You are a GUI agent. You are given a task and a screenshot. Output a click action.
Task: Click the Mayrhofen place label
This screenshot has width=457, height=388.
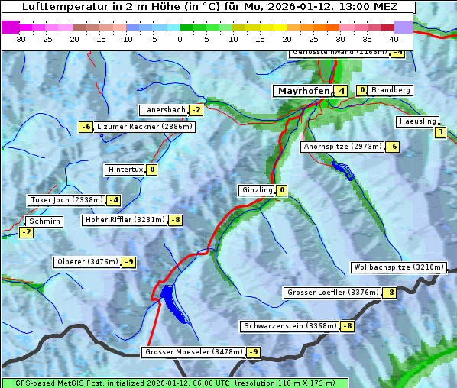point(303,91)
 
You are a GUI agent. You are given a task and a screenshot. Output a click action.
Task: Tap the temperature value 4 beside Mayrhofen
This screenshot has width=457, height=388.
point(342,91)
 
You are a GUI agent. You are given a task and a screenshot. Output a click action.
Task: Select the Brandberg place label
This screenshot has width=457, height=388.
point(391,90)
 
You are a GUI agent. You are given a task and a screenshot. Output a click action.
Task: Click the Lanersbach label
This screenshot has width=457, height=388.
point(164,110)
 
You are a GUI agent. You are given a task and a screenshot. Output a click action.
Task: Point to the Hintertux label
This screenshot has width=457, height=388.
point(125,170)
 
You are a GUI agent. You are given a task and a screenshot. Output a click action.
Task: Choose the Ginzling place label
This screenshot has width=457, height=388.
point(257,190)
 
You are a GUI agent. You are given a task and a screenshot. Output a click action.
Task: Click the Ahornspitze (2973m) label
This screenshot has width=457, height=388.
point(342,146)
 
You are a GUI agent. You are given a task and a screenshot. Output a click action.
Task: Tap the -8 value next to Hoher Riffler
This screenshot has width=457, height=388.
point(176,220)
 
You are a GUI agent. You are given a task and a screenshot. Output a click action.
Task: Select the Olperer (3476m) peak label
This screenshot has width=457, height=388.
point(87,262)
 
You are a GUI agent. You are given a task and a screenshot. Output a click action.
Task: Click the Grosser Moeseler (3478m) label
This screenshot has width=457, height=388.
point(193,352)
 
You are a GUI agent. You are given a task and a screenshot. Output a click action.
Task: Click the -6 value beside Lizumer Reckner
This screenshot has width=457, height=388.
point(86,127)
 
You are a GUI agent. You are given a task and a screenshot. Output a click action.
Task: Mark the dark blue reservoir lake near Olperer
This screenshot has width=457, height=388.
point(171,300)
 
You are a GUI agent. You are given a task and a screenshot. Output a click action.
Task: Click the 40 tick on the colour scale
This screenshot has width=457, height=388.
point(394,38)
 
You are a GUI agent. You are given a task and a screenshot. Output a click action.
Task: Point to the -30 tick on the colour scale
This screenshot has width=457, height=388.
point(21,38)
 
